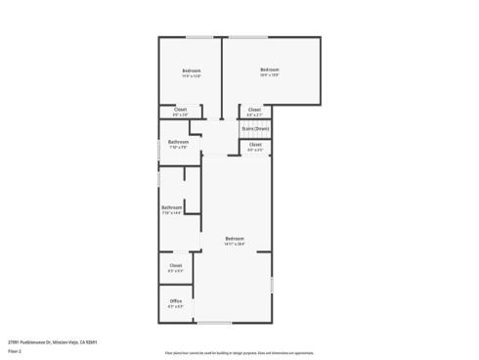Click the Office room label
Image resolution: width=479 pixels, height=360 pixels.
coord(176,300)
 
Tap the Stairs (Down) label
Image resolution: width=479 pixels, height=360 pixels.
coord(255,128)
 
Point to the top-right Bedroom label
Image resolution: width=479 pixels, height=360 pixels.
coord(270,68)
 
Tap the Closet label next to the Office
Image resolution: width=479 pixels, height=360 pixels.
coord(176,265)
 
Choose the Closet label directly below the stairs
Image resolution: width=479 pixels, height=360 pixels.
coord(254,145)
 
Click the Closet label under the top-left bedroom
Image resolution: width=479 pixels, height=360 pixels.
coord(180,110)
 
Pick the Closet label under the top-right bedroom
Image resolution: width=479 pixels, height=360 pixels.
coord(254,110)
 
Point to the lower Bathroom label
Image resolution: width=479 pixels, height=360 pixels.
coord(171,206)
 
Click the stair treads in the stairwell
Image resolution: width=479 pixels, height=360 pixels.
coord(254,133)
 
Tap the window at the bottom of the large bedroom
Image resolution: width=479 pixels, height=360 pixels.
coord(214,323)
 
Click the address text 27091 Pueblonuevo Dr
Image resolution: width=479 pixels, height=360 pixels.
coord(49,341)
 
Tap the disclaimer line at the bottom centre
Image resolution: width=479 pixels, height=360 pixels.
coord(239,350)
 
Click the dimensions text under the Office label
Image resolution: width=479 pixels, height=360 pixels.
coord(176,306)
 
